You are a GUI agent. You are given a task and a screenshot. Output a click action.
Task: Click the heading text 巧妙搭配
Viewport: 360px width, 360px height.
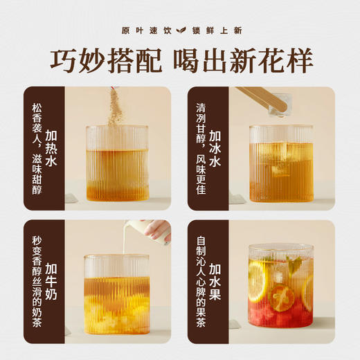(102, 61)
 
